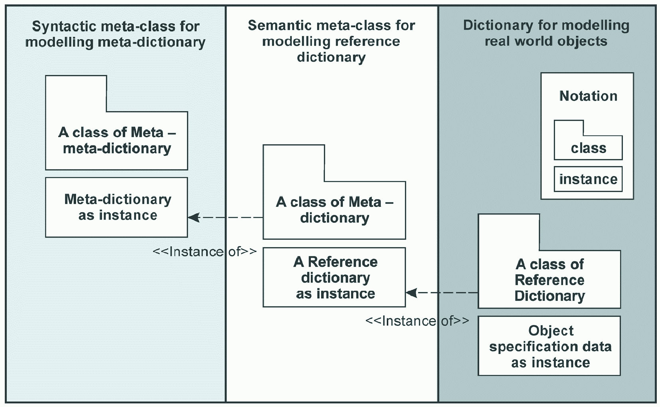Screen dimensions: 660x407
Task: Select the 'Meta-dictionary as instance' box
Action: [117, 207]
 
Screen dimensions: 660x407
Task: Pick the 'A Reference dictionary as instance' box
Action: [334, 277]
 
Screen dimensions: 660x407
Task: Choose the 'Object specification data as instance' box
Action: [549, 345]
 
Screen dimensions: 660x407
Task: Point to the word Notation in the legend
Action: [588, 96]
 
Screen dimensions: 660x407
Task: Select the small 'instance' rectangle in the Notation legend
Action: [588, 179]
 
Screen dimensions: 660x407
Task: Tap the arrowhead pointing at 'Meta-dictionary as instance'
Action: [194, 218]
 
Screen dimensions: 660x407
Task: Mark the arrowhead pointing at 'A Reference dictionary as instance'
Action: [411, 292]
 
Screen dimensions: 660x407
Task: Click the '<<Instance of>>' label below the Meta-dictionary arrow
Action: [205, 252]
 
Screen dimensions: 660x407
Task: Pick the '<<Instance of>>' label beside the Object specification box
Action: [417, 321]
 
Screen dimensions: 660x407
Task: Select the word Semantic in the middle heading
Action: [277, 26]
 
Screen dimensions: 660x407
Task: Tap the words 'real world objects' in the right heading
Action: [546, 41]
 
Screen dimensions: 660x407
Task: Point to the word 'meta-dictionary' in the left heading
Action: [152, 42]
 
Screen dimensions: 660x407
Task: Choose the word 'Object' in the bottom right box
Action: [551, 331]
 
